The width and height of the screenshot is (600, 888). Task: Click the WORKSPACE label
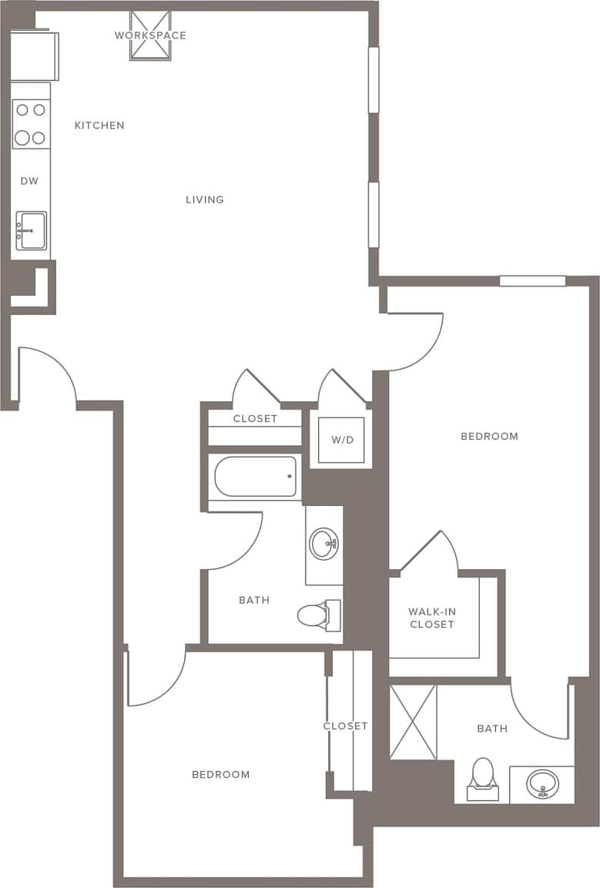click(x=150, y=35)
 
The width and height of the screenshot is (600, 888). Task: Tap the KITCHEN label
click(x=99, y=126)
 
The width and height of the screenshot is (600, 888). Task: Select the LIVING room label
click(x=205, y=199)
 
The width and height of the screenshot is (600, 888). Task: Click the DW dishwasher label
click(x=29, y=181)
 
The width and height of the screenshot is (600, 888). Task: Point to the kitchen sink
click(x=32, y=231)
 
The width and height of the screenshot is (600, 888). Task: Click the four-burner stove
click(x=31, y=124)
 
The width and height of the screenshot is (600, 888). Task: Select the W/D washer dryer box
click(x=341, y=441)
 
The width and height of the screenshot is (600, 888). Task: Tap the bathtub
click(x=255, y=477)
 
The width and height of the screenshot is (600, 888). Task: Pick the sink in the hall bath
click(x=323, y=543)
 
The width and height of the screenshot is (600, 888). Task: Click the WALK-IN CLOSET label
click(x=432, y=618)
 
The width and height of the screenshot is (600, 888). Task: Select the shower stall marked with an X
click(x=414, y=722)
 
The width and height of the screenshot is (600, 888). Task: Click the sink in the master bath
click(x=542, y=785)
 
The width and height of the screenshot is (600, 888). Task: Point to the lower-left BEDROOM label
click(x=221, y=774)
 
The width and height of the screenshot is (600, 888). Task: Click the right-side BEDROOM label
click(x=489, y=436)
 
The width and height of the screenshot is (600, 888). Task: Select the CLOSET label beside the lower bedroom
click(x=345, y=725)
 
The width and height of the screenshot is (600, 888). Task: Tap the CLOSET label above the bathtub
click(x=255, y=418)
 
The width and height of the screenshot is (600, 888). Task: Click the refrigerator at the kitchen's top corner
click(x=34, y=55)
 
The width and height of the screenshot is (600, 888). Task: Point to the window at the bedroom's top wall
click(x=532, y=281)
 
